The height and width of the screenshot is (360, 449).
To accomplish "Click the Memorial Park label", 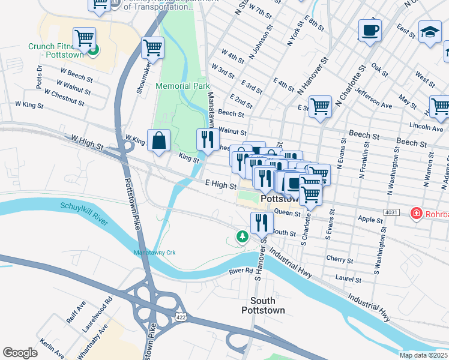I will pyautogui.click(x=182, y=86).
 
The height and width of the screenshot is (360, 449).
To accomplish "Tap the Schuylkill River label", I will pyautogui.click(x=83, y=214).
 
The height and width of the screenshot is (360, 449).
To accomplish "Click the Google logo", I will pyautogui.click(x=20, y=353).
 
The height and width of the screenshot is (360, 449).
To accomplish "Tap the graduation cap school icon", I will pyautogui.click(x=429, y=32).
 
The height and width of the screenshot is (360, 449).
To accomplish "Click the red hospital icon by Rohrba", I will pyautogui.click(x=415, y=213).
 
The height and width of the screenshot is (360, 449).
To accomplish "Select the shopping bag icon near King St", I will pyautogui.click(x=158, y=141).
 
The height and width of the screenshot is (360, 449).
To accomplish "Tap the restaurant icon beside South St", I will pyautogui.click(x=261, y=223).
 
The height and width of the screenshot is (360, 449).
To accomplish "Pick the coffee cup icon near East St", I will pyautogui.click(x=370, y=30).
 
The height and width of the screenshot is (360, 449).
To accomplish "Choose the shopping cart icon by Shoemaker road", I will pyautogui.click(x=152, y=47).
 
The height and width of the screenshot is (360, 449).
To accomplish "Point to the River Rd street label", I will pyautogui.click(x=241, y=272).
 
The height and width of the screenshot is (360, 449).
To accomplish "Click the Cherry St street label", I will pyautogui.click(x=340, y=260).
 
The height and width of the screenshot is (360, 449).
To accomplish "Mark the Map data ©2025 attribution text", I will pyautogui.click(x=423, y=355).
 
